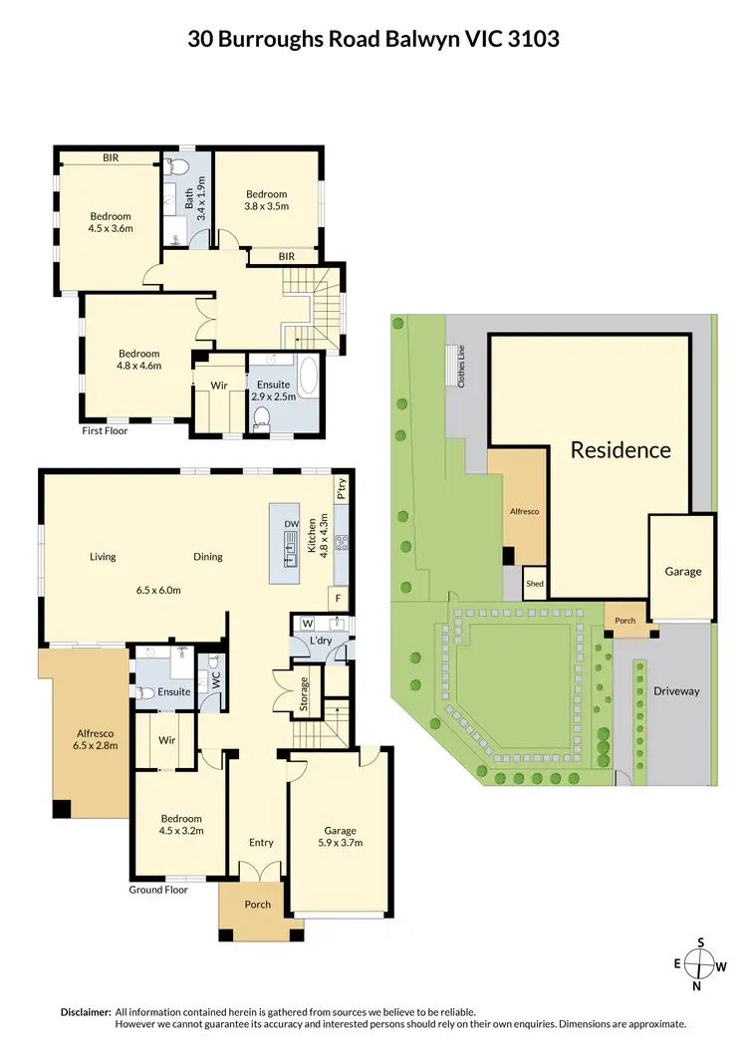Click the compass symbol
[701, 964]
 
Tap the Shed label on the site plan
[534, 585]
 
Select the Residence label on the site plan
[621, 449]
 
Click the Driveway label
[676, 691]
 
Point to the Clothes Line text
[463, 371]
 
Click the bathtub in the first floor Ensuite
[307, 378]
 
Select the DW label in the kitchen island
[292, 523]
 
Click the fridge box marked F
[338, 598]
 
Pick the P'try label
[341, 488]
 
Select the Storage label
[305, 692]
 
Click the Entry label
[261, 843]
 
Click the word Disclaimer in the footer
[86, 1011]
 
